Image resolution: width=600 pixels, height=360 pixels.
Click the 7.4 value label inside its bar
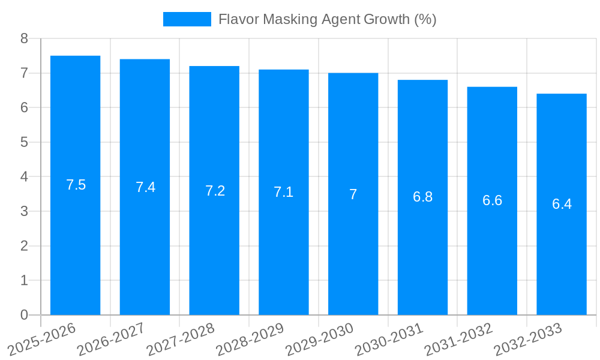coord(145,187)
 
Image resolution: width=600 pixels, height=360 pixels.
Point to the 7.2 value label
coord(215,191)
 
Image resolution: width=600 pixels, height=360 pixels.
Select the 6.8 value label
coord(422,197)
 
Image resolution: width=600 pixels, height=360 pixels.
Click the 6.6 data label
coord(492,200)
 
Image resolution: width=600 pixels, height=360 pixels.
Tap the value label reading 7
coord(353,194)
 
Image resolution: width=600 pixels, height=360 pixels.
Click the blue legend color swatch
coord(187,19)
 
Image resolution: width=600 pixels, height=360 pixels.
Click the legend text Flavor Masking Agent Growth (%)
coord(327,19)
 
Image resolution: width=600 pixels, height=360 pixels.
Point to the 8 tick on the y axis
coord(24,38)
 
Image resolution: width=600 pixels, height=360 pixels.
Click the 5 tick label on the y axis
coord(24,142)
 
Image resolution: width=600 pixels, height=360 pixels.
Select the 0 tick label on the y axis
coord(24,315)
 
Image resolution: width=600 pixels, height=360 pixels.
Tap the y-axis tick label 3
coord(24,211)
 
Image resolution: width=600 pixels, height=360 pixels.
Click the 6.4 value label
coord(562,204)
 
